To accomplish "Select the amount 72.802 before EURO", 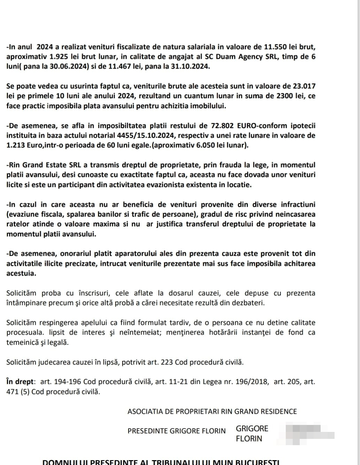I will point(223,125).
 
